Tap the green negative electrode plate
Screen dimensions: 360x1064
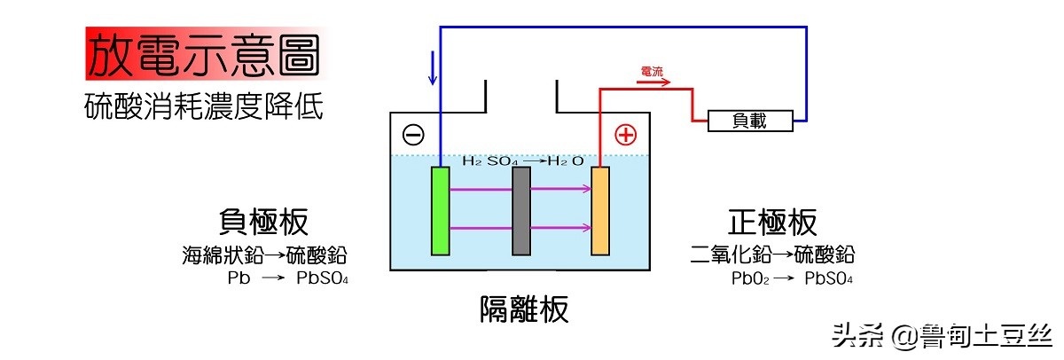[x=440, y=210]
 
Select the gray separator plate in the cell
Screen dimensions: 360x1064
[x=521, y=210]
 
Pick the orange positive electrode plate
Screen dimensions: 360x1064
[x=601, y=210]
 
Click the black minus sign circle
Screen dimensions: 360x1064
[x=413, y=135]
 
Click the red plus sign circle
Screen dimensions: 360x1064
[x=626, y=135]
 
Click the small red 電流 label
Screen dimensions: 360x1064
[x=652, y=71]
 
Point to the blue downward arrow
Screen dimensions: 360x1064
[x=432, y=68]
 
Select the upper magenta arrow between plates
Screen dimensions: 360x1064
[x=520, y=188]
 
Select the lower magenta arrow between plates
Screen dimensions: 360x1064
[x=520, y=228]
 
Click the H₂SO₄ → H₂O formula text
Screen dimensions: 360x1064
[x=523, y=160]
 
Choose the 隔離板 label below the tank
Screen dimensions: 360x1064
[x=523, y=310]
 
